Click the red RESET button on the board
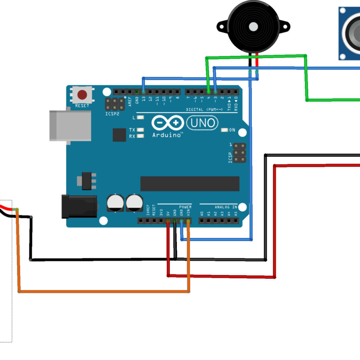click(82, 95)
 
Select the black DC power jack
click(79, 206)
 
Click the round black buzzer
click(253, 26)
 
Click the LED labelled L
click(141, 117)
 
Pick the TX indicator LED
click(141, 130)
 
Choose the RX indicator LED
click(141, 136)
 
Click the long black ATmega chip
click(190, 184)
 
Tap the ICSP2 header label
click(112, 114)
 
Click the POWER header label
click(185, 207)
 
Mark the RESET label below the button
click(82, 105)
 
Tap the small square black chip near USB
click(119, 135)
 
